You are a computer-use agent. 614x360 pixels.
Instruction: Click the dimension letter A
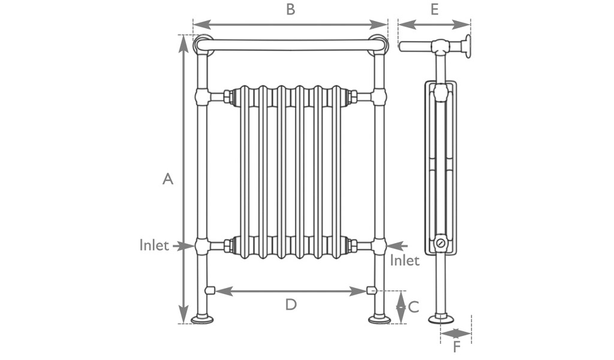(168, 179)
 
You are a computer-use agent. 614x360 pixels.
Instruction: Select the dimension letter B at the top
(290, 10)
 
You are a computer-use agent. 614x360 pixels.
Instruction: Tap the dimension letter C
(414, 307)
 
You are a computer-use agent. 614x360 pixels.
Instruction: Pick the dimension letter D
(291, 304)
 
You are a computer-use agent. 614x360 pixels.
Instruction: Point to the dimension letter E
(434, 10)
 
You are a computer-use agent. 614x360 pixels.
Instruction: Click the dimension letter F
(456, 347)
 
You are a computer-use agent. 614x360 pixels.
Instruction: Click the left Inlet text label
(154, 245)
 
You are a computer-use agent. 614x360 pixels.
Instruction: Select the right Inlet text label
(405, 260)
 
